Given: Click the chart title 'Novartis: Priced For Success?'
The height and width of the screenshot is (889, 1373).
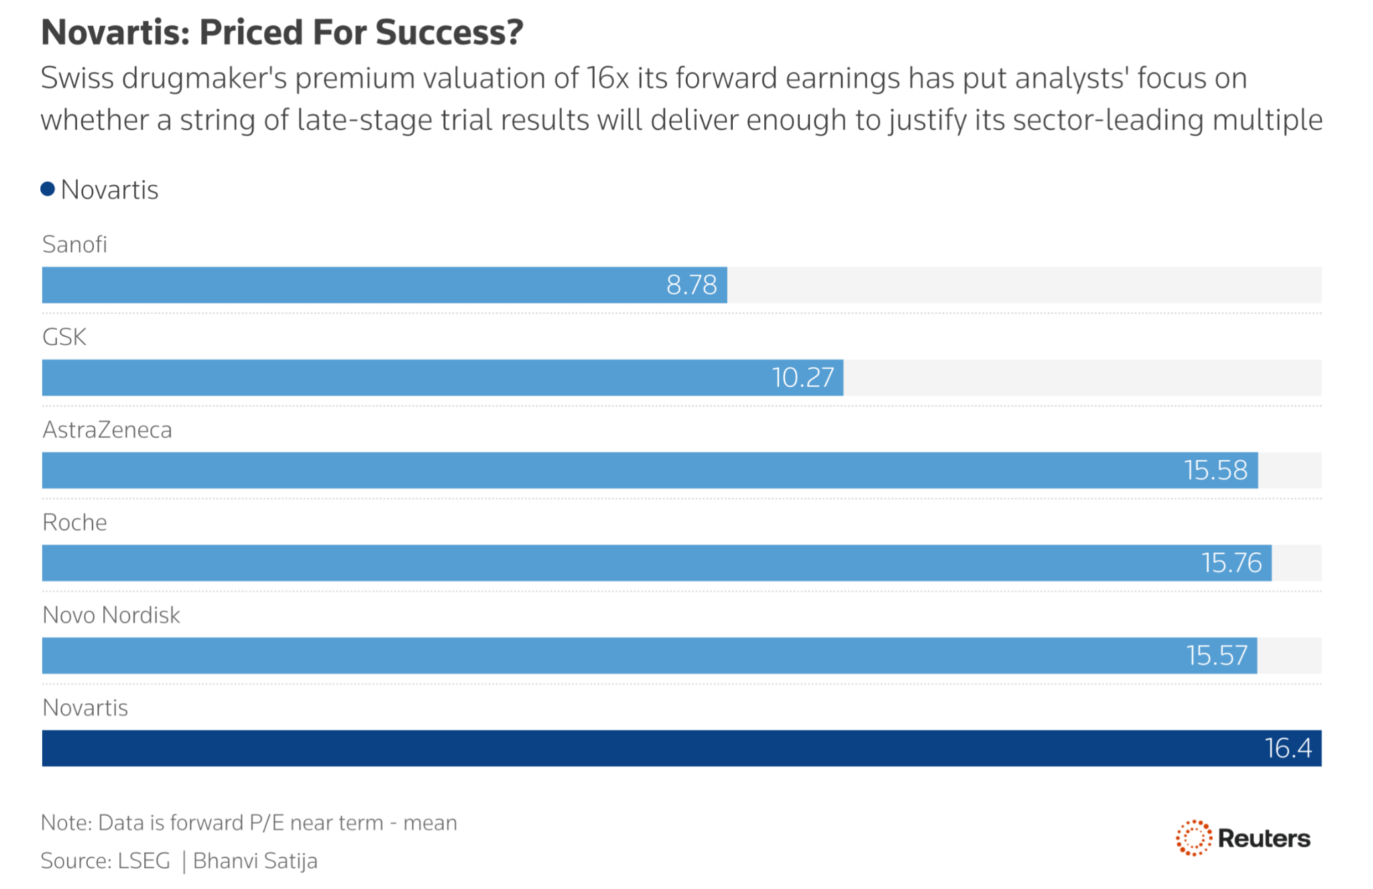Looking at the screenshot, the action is [282, 32].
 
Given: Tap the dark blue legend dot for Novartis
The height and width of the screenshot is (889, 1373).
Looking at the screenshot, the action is [48, 189].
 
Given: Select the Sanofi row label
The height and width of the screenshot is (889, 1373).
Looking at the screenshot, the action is [74, 244].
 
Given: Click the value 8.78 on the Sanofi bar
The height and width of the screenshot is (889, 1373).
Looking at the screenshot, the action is [692, 285].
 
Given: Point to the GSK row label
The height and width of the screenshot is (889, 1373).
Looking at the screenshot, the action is [64, 337].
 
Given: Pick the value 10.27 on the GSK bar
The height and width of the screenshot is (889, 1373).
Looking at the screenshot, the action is [803, 378].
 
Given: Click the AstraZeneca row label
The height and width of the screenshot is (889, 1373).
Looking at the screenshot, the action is [107, 429].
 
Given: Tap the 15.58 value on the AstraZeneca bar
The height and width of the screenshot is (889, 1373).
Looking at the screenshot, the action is [1216, 470].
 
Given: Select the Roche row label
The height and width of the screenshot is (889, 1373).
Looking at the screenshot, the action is [74, 522].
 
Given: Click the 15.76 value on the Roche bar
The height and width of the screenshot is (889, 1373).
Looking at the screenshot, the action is [1232, 563].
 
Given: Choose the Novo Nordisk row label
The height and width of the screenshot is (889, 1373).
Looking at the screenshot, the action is [111, 615].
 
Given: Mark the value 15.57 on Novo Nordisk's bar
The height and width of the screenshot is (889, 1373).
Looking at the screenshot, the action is [1217, 656].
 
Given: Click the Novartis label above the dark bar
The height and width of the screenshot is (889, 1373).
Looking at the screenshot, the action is [85, 707].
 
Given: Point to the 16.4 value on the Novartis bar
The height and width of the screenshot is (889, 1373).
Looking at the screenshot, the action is [1289, 748].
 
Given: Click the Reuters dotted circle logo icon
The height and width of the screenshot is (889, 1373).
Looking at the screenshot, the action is [1194, 838].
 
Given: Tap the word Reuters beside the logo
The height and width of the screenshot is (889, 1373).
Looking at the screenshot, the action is [1264, 839].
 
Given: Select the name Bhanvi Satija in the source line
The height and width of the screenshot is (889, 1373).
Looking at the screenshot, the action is [255, 861].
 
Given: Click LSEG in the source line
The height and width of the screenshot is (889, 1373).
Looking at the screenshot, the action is [144, 861].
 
